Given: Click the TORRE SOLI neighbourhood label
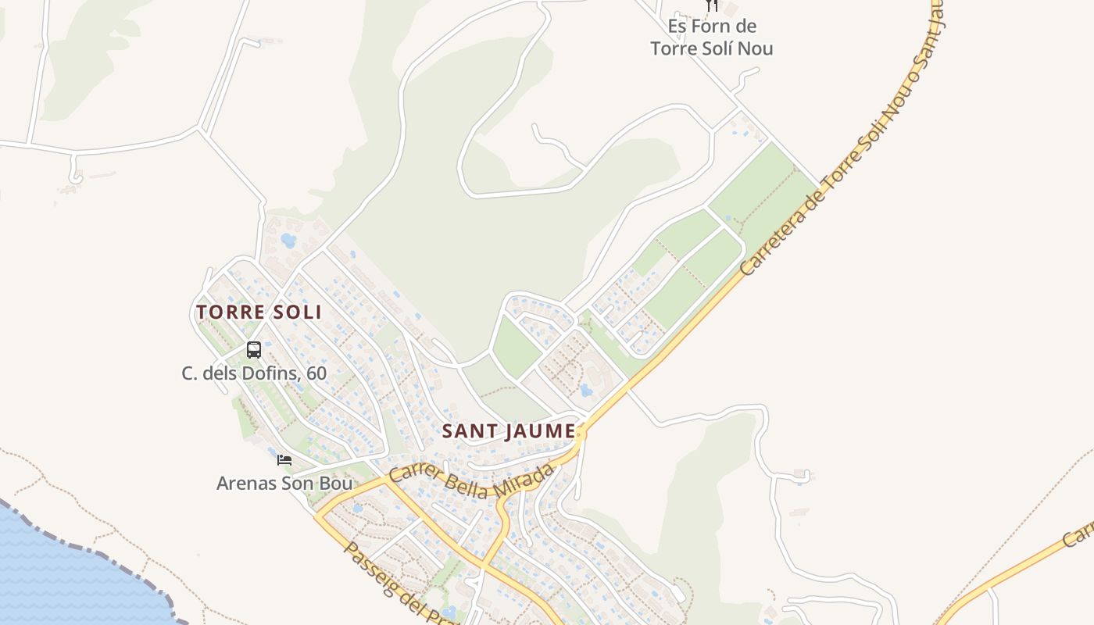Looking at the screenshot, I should [259, 312].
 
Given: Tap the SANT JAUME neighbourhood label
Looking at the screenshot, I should [509, 431].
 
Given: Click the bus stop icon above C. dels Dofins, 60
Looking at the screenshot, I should [254, 350].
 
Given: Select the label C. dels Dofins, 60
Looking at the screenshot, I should [254, 373].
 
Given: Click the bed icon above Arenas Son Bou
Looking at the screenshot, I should [284, 460].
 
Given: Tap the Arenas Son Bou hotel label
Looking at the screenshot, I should [284, 484].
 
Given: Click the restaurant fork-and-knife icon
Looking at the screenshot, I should [711, 5].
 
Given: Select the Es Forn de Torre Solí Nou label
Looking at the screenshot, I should [711, 37].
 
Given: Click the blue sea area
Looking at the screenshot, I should [63, 578].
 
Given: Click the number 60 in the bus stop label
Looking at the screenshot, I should [316, 373].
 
